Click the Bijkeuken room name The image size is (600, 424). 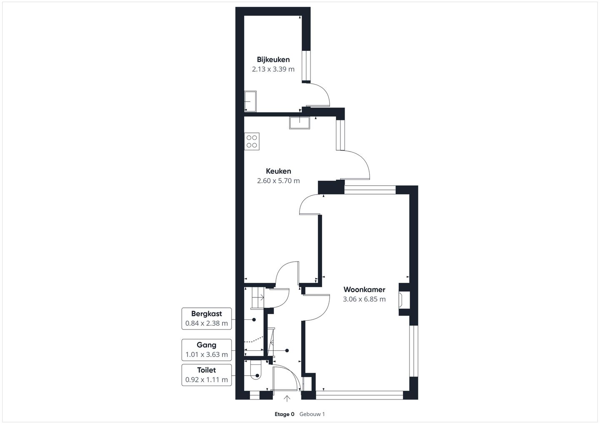point(273,60)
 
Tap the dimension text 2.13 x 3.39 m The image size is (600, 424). point(273,69)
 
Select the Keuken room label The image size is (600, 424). point(278,171)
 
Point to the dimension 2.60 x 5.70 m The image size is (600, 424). point(278,181)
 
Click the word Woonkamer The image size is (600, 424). point(364,289)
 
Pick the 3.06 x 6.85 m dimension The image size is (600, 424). point(364,299)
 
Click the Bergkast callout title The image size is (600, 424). point(207,314)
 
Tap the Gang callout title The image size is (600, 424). point(207,345)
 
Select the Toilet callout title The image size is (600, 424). point(207,370)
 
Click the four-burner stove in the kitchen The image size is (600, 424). point(252,141)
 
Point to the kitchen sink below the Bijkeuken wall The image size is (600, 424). point(300,122)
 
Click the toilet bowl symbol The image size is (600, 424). point(255,370)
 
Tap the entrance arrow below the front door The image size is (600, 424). point(287,399)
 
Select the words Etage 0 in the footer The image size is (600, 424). point(285,414)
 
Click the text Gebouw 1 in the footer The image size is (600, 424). point(312,414)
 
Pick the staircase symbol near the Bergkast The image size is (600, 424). point(257,298)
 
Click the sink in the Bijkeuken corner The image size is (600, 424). point(250,101)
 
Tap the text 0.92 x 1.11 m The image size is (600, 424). point(207,379)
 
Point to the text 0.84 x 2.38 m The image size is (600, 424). point(207,323)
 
